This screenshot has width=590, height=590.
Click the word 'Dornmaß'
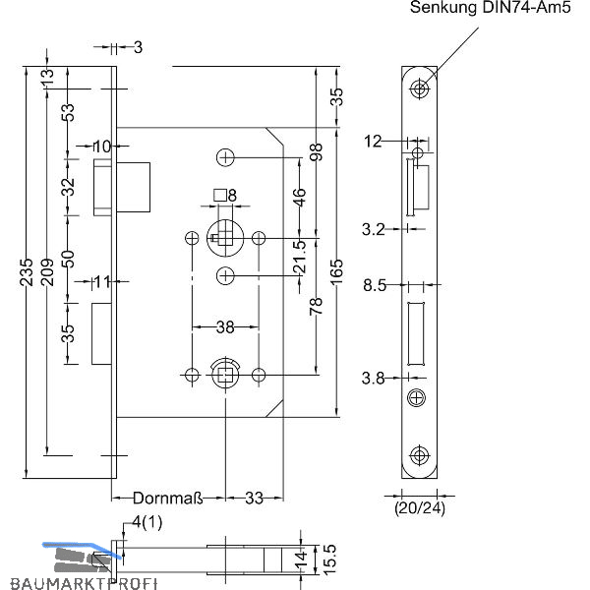click(167, 499)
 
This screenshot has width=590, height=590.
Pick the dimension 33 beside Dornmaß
click(255, 499)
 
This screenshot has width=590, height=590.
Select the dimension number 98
click(317, 152)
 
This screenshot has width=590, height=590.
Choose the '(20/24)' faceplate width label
click(420, 509)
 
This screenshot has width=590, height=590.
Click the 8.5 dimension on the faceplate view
click(374, 286)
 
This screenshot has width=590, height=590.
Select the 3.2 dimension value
click(374, 229)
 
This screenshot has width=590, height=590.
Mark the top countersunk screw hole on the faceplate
click(421, 89)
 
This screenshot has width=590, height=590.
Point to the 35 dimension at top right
click(336, 96)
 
